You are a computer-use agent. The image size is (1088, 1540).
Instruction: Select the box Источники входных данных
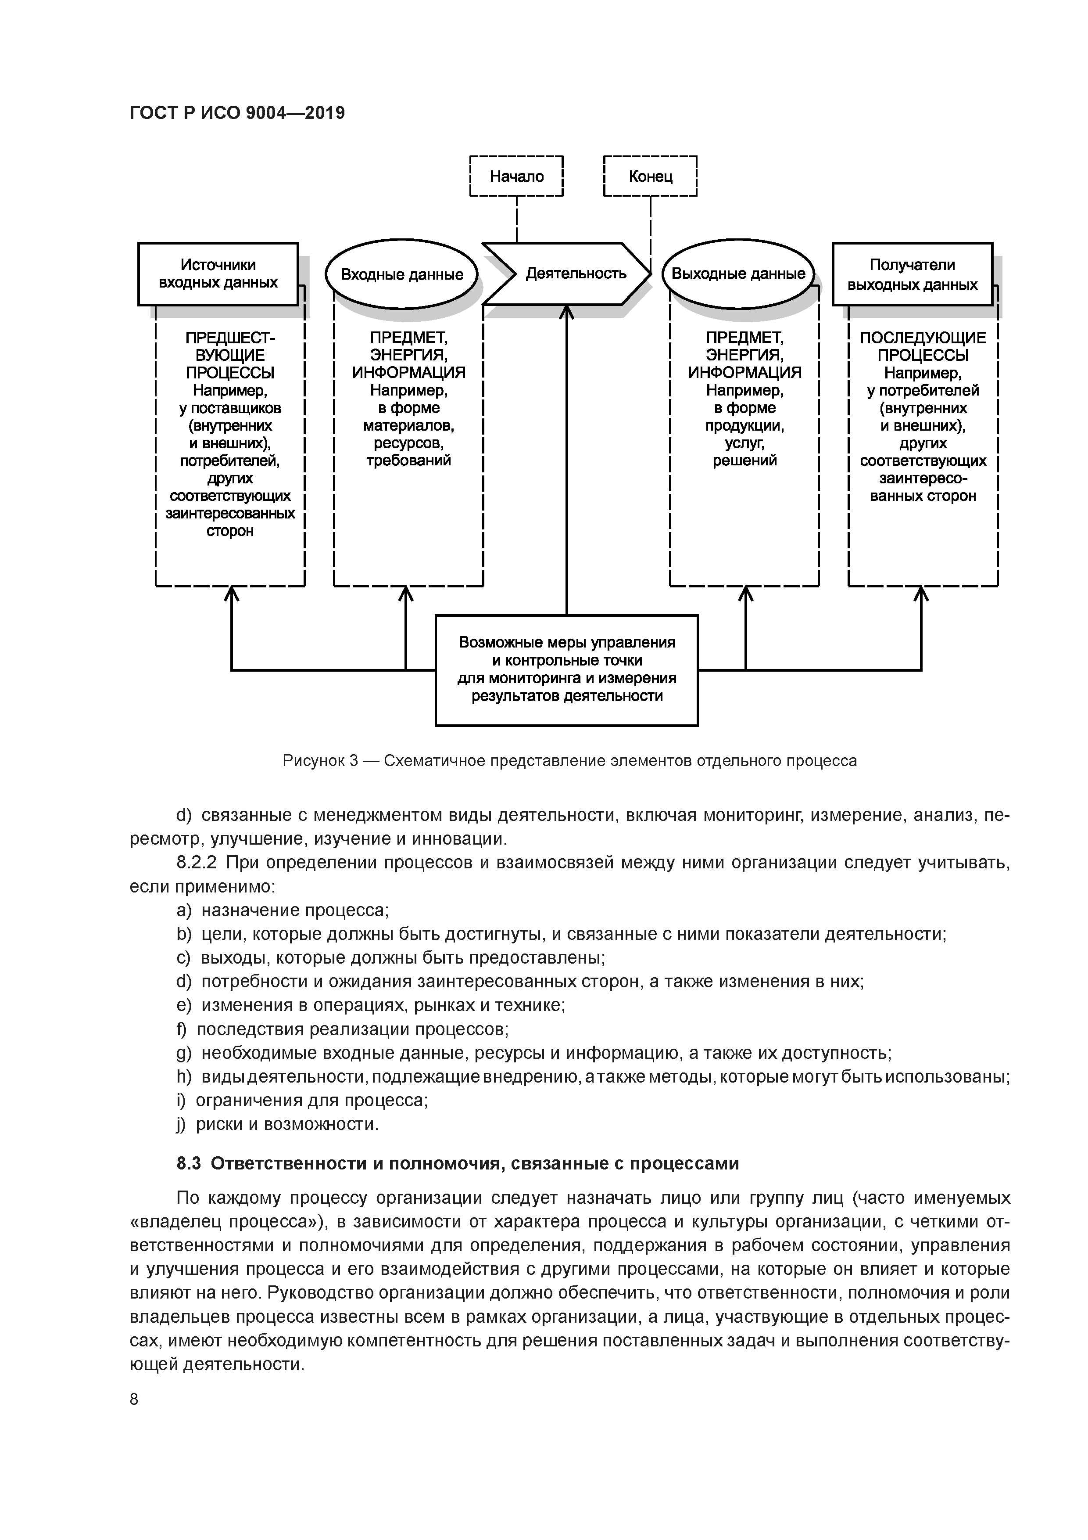pos(218,273)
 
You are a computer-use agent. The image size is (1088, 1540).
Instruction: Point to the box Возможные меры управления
pos(566,670)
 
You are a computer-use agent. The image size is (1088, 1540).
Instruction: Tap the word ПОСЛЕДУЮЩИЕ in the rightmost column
pos(923,338)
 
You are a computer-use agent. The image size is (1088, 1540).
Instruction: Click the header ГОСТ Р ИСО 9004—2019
pos(236,113)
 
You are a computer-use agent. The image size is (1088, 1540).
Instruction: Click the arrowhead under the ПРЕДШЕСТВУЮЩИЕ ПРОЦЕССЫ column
pos(231,594)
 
